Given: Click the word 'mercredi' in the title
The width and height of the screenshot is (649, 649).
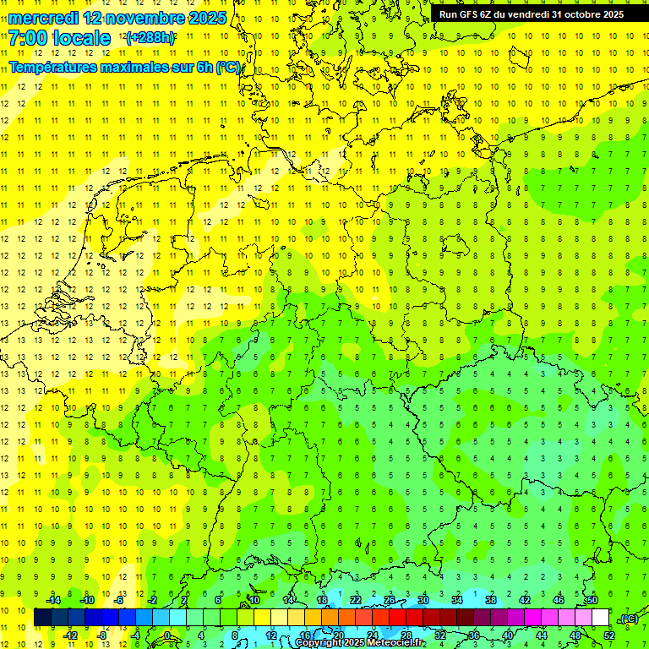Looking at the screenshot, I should coord(42,18).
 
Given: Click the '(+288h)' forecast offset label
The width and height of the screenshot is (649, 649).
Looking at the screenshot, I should coord(150,38).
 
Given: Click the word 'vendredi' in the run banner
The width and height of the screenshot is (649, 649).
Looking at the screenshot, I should coord(527,14).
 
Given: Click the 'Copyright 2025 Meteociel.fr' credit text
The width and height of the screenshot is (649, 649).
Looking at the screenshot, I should coord(360,643).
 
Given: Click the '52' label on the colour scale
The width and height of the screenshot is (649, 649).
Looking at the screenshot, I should coord(608,635).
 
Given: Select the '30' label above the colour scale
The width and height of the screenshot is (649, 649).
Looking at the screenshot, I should coord(423,600).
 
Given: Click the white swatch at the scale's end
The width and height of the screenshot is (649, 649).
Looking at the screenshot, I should coord(601,618).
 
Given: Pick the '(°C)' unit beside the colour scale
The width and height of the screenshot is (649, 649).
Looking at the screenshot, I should coord(629,619).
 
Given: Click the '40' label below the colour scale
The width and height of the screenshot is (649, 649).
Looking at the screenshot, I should coord(508,635).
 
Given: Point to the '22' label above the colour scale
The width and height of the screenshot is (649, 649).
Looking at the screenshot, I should coord(356,600).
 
